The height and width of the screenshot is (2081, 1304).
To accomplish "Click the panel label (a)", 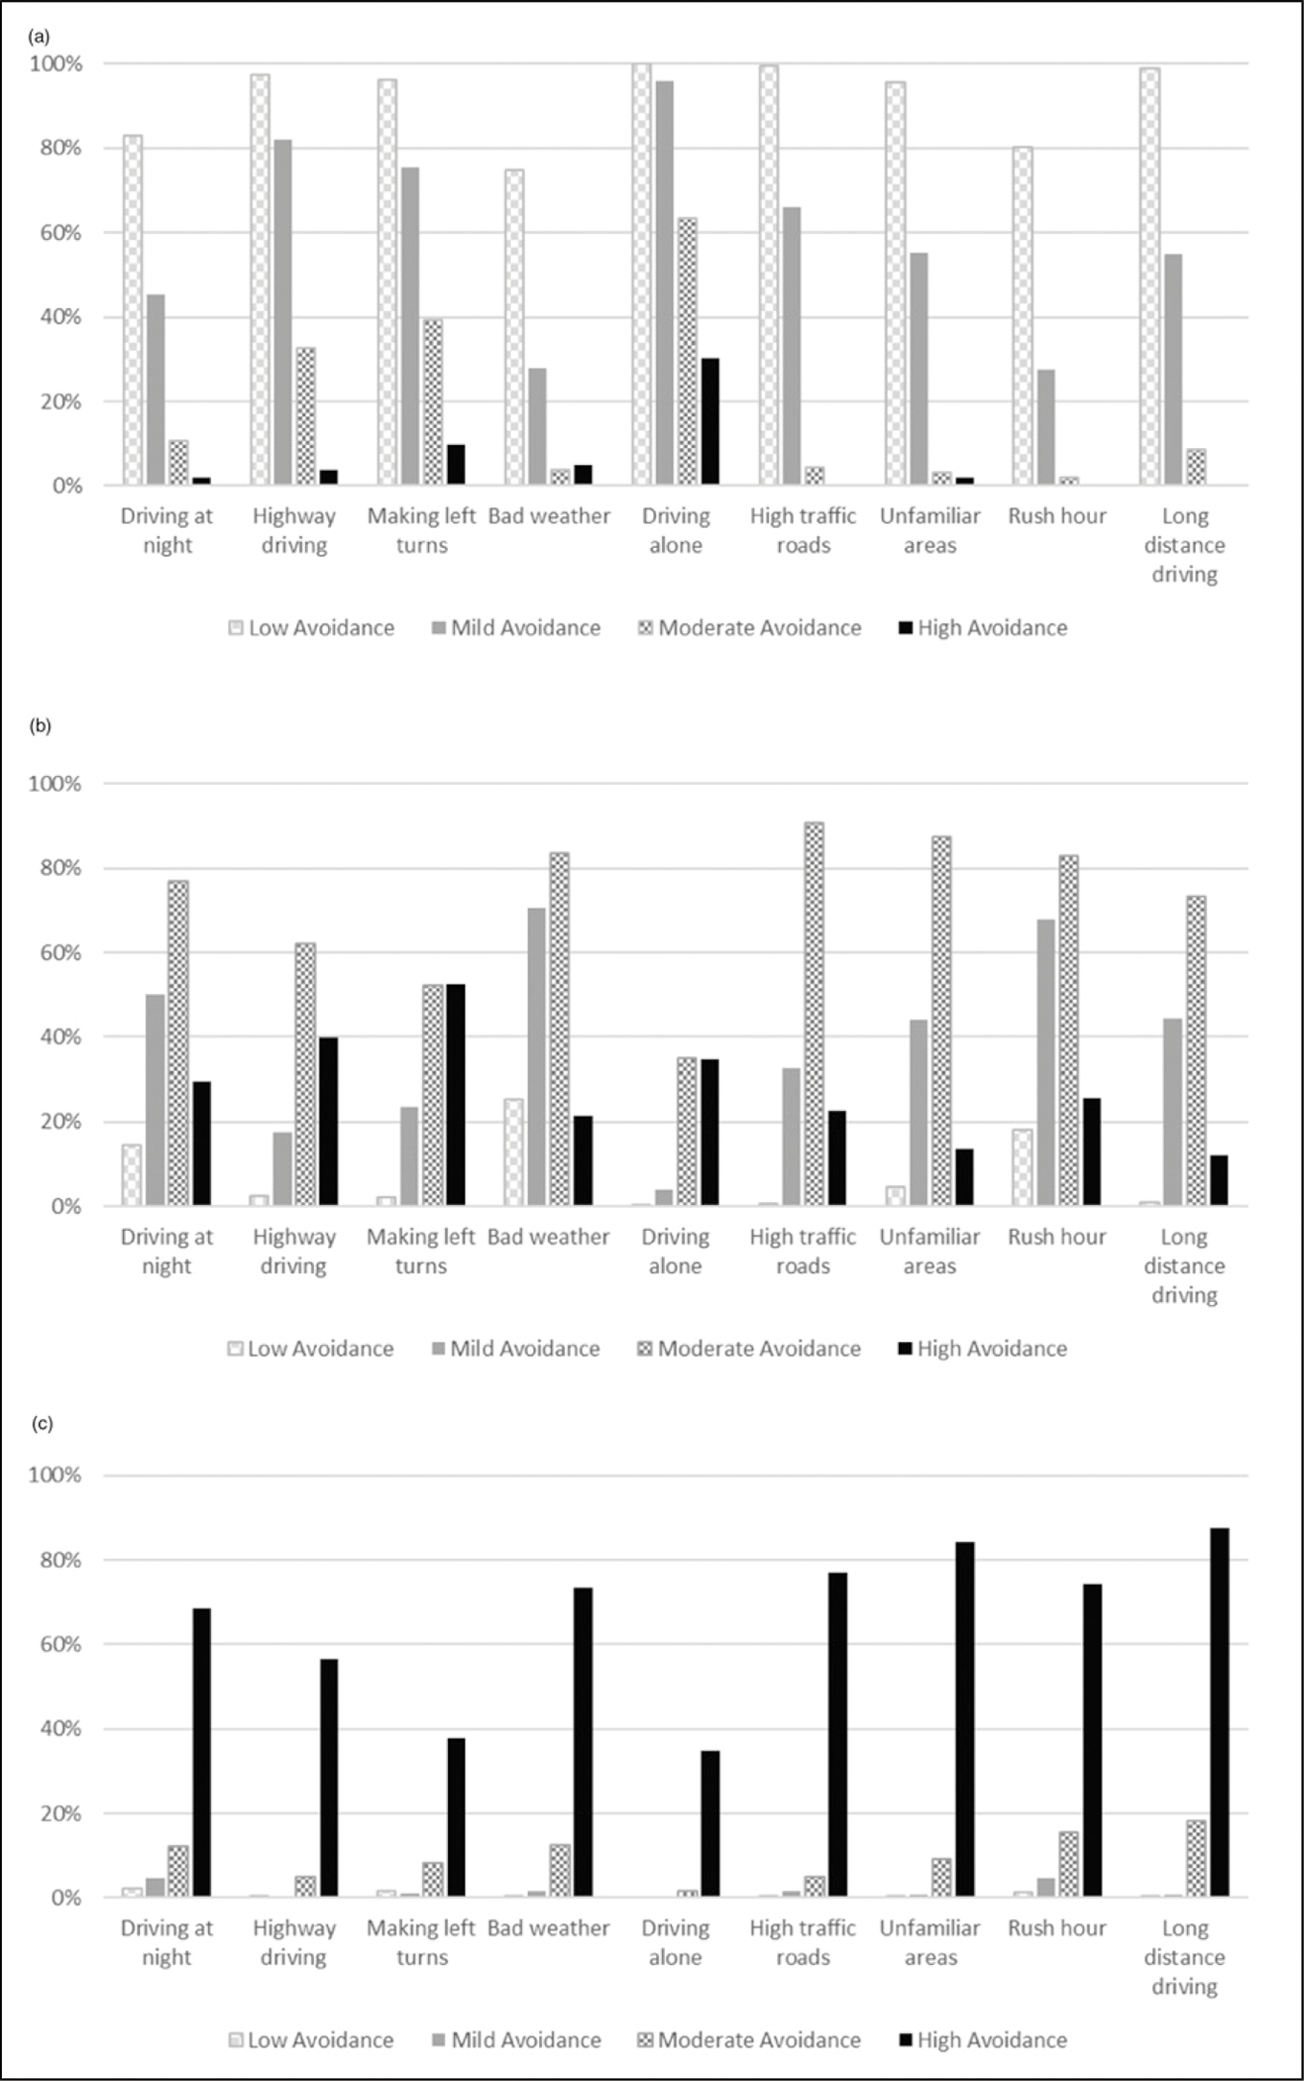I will [40, 37].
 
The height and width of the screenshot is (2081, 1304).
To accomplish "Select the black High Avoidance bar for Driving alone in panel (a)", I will [710, 421].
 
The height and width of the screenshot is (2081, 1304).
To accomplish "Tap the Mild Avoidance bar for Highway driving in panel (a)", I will [282, 312].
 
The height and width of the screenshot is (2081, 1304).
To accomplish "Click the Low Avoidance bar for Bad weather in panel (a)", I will [514, 327].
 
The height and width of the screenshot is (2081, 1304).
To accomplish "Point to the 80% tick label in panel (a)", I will [56, 149].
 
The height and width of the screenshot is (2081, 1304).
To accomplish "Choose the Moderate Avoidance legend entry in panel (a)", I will [749, 628].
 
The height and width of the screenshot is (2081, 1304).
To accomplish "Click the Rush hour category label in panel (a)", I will [1057, 516].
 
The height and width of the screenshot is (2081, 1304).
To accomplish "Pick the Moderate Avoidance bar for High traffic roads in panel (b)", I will [814, 1014].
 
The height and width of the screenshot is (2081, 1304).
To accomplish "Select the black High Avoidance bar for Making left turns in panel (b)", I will [456, 1095].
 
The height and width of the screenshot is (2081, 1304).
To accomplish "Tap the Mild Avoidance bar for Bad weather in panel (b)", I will [536, 1056].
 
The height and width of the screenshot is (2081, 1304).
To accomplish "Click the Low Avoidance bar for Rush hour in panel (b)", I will [1023, 1167].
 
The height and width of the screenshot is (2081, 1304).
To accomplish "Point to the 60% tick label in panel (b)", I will [56, 953].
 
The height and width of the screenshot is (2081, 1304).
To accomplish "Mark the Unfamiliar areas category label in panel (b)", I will [929, 1251].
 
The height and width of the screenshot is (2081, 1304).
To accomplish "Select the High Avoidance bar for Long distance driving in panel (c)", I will [1219, 1712].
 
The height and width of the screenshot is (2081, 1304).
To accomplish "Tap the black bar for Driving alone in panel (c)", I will [710, 1824].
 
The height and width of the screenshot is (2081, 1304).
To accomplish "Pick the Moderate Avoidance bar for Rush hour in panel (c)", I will [1068, 1864].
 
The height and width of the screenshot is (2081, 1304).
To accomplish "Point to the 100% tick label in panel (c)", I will [54, 1476].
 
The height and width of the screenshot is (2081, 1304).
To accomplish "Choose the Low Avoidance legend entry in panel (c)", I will [311, 2040].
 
